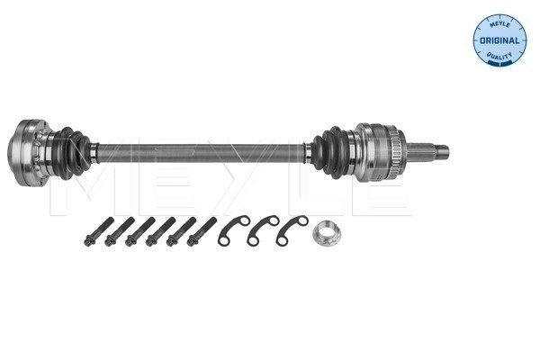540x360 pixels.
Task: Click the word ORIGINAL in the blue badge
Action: [x=499, y=40]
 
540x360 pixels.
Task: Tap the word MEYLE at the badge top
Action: [x=499, y=24]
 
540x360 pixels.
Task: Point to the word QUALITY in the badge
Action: [x=499, y=56]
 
